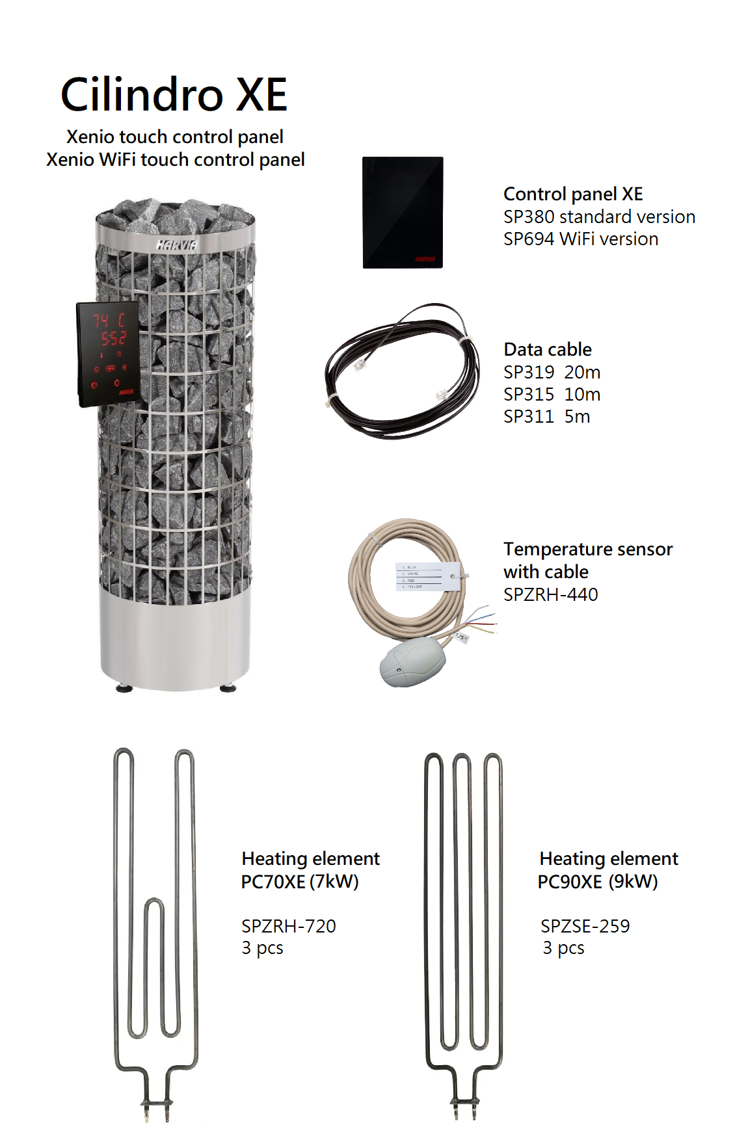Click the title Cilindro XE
(174, 95)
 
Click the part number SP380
(528, 217)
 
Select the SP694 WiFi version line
(580, 239)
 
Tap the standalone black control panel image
(403, 212)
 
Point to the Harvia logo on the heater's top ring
(176, 245)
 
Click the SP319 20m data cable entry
(552, 373)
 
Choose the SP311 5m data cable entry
(546, 417)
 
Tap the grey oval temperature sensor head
(412, 662)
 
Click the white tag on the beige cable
(427, 576)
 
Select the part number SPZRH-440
(550, 594)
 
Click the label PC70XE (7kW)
(300, 882)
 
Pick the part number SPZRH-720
(288, 926)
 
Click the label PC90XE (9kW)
(598, 882)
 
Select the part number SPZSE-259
(585, 926)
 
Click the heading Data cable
(548, 350)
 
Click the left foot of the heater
(122, 688)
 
